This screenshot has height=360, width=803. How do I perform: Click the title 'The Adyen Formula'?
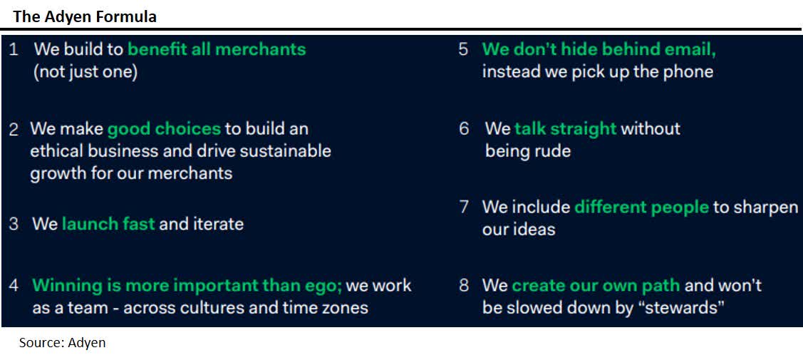pos(85,16)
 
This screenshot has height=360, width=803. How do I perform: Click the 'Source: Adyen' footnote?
pos(62,343)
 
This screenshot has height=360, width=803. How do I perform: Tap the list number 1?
pos(14,50)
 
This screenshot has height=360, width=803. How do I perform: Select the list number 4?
pos(14,286)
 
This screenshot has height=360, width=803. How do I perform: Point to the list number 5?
pos(463,50)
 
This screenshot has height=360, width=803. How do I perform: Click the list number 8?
pos(464,286)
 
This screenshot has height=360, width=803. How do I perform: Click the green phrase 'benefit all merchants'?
pos(217,50)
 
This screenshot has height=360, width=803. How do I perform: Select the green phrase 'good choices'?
pos(164,129)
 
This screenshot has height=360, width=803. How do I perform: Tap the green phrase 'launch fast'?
pos(108,224)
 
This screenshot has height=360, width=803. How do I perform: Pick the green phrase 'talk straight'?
pos(565,129)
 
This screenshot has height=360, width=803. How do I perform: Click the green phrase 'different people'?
pos(641,207)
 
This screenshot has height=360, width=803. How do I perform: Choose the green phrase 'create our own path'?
pos(596,286)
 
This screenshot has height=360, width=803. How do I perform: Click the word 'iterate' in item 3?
pos(217,224)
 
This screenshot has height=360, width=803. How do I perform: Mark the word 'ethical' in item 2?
pos(54,151)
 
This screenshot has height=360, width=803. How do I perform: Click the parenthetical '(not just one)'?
pos(85,72)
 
